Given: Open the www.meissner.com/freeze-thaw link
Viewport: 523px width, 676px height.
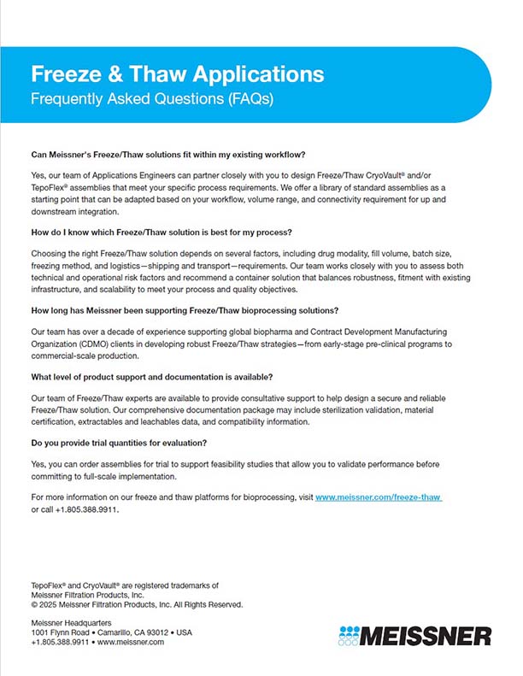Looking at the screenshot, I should click(378, 497).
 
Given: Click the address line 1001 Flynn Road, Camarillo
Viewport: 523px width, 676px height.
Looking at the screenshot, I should click(111, 633).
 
